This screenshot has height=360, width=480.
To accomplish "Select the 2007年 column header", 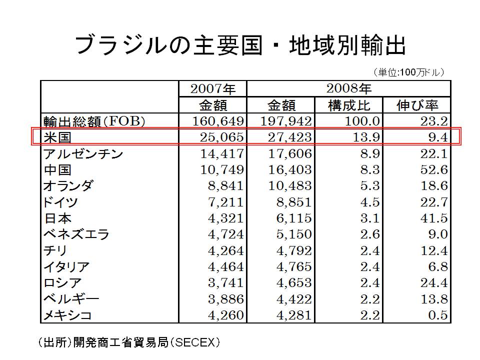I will pos(212,89).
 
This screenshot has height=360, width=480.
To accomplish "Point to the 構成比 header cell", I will pos(349,105).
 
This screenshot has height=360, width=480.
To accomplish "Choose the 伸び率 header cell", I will pos(417,105).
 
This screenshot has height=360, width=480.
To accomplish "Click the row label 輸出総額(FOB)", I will pos(94,121).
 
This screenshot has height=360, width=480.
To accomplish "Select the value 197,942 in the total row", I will pos(281,121).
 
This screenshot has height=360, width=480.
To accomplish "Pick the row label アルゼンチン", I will pos(83,153).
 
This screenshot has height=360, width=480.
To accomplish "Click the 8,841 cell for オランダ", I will pos(225,186).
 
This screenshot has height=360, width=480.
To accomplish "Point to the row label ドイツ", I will pos(60,202).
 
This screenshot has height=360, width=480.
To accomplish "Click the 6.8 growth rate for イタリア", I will pos(436,267).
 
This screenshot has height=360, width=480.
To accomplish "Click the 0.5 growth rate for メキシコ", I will pos(436,315).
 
